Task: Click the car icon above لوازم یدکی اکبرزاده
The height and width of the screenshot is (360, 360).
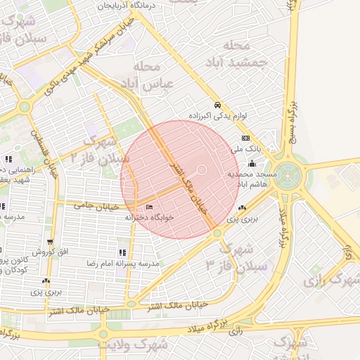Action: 218,103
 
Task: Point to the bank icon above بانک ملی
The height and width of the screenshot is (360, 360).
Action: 245,138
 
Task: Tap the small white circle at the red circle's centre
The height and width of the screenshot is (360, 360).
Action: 200,169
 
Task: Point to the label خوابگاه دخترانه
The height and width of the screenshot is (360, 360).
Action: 149,217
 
